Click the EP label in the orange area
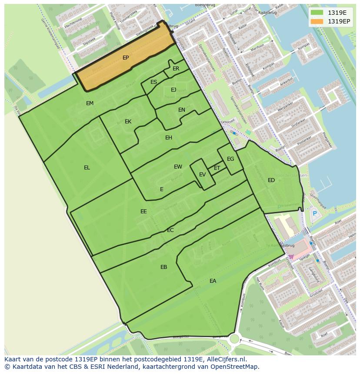(126, 58)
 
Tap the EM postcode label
(90, 103)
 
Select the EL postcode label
(87, 168)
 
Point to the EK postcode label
(128, 122)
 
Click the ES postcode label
(153, 82)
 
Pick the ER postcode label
(176, 69)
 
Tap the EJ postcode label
(173, 90)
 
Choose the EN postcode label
(182, 110)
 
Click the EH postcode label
(169, 138)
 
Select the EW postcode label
(178, 167)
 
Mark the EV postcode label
(202, 175)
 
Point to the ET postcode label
(217, 168)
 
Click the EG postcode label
(230, 159)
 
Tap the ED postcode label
(271, 180)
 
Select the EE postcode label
(143, 212)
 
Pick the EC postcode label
(170, 230)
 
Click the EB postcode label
(163, 267)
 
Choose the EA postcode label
(213, 281)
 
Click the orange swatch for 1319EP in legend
(317, 21)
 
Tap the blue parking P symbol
(315, 213)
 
